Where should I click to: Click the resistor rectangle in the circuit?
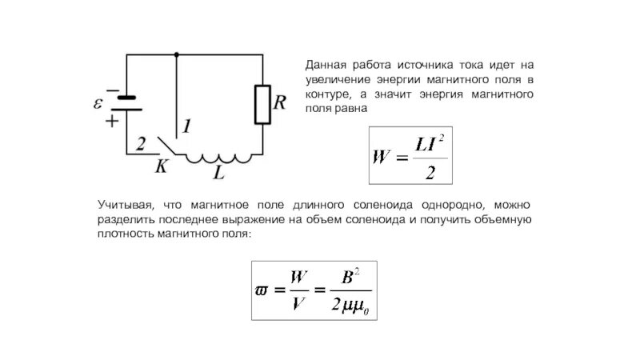pos(262,105)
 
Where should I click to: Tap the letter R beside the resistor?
pos(279,103)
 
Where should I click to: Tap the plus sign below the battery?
pos(111,122)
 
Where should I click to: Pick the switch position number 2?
pos(141,144)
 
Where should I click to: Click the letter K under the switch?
pos(161,166)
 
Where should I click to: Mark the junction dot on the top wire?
pos(176,54)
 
